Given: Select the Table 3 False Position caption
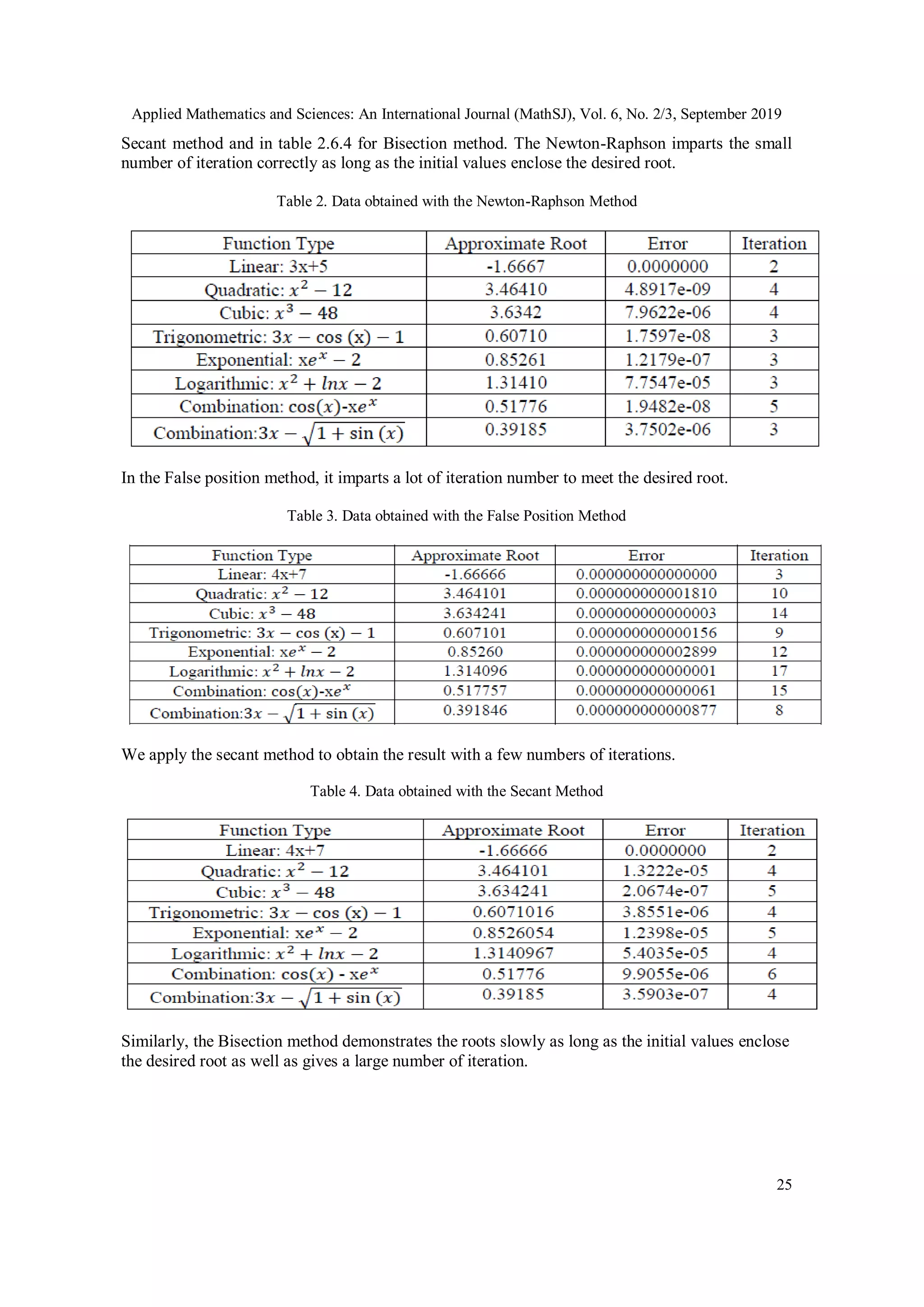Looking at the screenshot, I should pyautogui.click(x=456, y=516).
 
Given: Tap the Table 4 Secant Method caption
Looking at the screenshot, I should pyautogui.click(x=456, y=791).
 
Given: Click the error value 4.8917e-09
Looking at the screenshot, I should pyautogui.click(x=667, y=289).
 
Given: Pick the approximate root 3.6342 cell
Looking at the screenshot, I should pyautogui.click(x=515, y=313).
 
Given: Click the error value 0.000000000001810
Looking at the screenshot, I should pyautogui.click(x=646, y=593).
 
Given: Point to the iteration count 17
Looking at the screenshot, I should pyautogui.click(x=779, y=671).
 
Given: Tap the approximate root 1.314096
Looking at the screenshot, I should pyautogui.click(x=475, y=671).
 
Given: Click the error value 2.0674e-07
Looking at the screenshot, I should pyautogui.click(x=665, y=891).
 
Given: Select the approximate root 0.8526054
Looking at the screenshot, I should pyautogui.click(x=513, y=933).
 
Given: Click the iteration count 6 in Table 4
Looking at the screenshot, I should pyautogui.click(x=772, y=974).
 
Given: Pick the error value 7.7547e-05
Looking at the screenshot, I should pyautogui.click(x=667, y=383).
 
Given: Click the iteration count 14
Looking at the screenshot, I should pyautogui.click(x=779, y=613).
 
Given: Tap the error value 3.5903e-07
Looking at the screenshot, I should pyautogui.click(x=665, y=994).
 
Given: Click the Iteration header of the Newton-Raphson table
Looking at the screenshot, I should pyautogui.click(x=774, y=244).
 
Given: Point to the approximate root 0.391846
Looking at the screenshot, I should pyautogui.click(x=475, y=711).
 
